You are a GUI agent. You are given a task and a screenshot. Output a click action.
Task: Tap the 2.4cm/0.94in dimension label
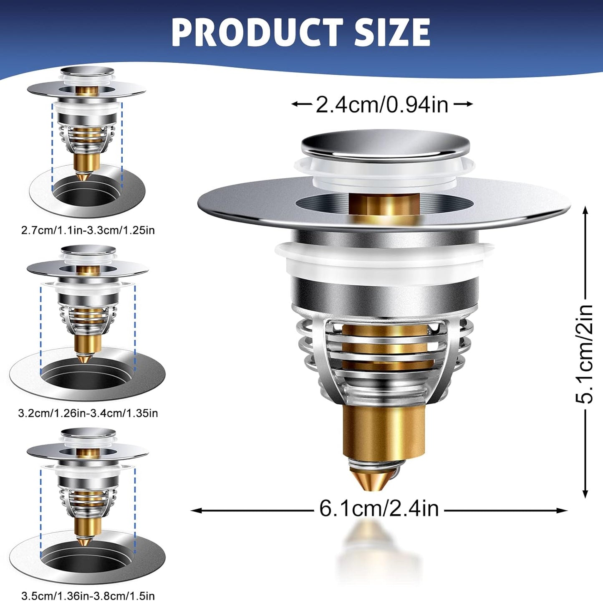[x=382, y=104]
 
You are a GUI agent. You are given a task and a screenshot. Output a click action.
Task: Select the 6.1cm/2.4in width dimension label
[x=379, y=509]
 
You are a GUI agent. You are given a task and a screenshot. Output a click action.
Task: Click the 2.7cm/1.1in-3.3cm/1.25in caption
[x=88, y=230]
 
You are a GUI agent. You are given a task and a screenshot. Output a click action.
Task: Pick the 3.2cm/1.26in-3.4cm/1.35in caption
[x=88, y=413]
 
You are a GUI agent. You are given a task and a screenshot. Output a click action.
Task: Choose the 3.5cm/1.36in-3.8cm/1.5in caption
[x=88, y=596]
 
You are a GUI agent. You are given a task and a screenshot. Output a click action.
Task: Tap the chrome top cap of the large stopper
[x=385, y=145]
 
